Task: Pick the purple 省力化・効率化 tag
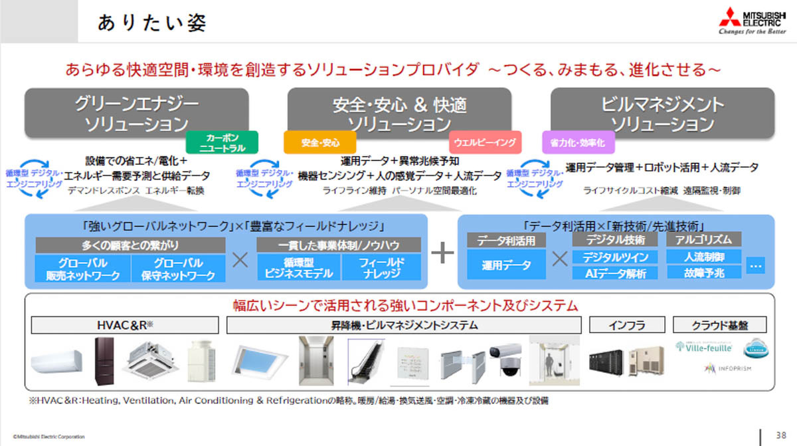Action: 578,142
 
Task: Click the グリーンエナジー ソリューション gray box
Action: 137,113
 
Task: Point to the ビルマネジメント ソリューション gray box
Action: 662,113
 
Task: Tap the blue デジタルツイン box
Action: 615,257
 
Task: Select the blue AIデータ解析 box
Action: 615,273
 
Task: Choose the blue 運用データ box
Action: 507,265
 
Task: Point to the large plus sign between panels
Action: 442,254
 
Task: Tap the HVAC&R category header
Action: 125,325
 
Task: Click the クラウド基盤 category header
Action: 719,325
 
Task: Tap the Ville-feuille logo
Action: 704,347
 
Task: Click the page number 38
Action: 780,434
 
